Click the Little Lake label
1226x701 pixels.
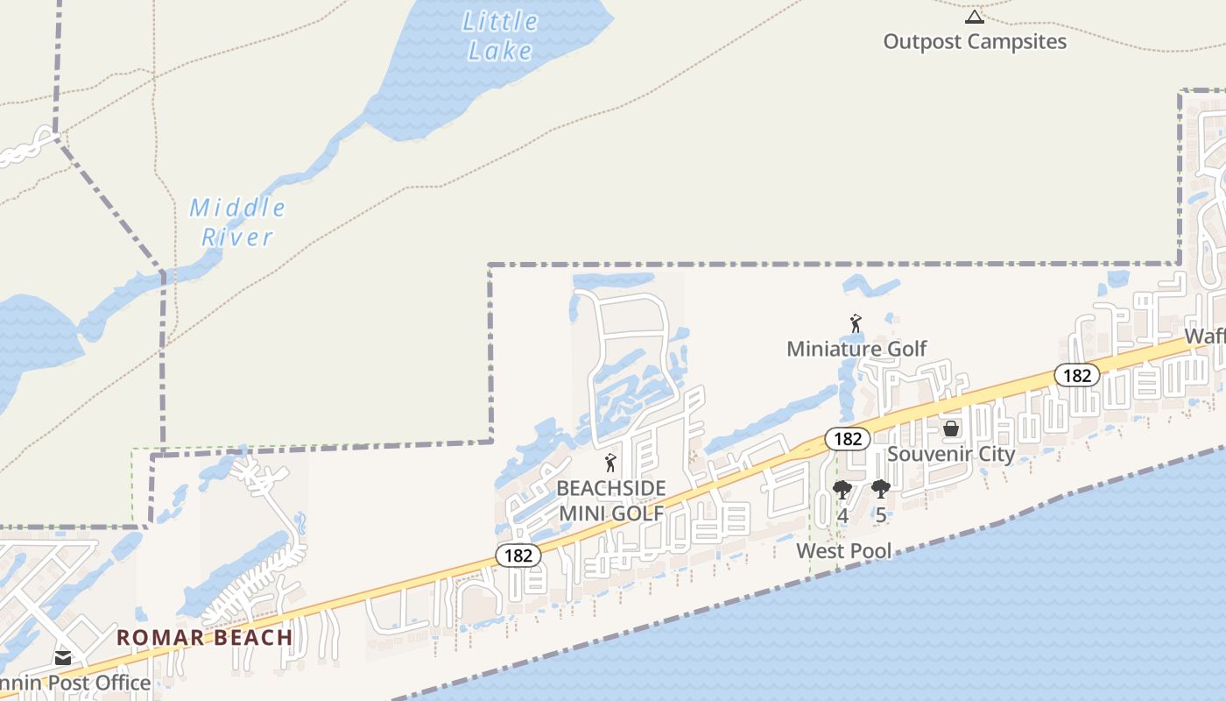[x=500, y=35]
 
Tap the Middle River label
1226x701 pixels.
[x=237, y=222]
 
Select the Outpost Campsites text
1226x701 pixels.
[x=975, y=41]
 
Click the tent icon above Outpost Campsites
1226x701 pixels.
[x=975, y=17]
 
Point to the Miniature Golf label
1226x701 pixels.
[x=856, y=349]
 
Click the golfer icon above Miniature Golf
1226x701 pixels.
[x=856, y=323]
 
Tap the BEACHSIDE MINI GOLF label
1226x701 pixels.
[x=611, y=500]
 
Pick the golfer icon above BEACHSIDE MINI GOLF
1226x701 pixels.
[x=611, y=463]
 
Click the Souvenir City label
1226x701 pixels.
[x=951, y=454]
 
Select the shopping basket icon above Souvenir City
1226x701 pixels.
[x=951, y=428]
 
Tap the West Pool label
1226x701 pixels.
[x=844, y=551]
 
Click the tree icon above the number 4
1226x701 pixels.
[x=842, y=490]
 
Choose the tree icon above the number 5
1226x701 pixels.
[x=881, y=490]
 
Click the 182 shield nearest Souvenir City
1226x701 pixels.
[x=848, y=439]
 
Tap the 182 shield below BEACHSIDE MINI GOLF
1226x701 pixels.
[x=518, y=555]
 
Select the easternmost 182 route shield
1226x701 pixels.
[x=1076, y=375]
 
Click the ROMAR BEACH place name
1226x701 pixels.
[x=205, y=637]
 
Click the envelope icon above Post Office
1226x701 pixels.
[x=63, y=657]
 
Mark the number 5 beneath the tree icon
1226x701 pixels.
[x=881, y=515]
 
